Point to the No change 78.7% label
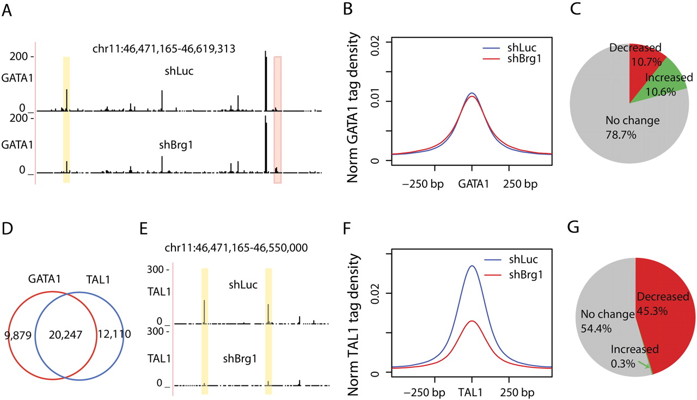[632, 126]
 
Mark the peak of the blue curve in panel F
[472, 266]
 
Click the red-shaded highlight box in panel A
[278, 120]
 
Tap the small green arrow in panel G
[646, 367]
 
